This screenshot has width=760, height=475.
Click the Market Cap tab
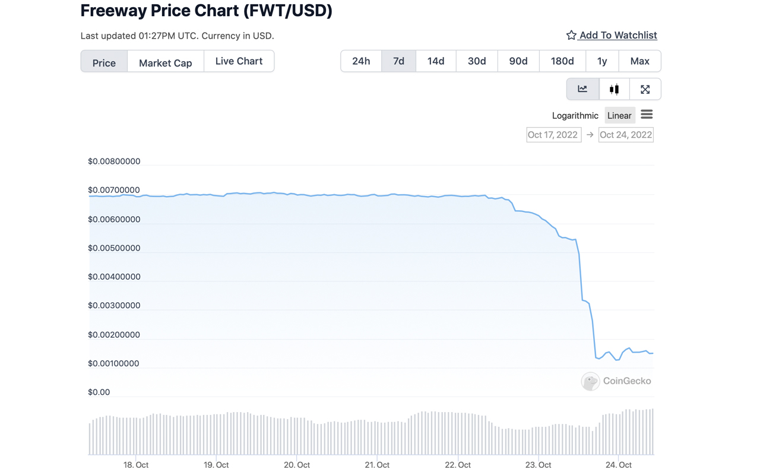[x=165, y=62]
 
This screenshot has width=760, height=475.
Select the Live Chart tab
[x=239, y=61]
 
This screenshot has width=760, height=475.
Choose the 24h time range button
[x=361, y=61]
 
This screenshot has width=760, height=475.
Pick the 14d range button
[x=436, y=61]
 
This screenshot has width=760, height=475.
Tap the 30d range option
[x=477, y=61]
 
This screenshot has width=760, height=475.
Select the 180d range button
[x=562, y=61]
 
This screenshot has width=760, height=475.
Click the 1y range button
[x=602, y=61]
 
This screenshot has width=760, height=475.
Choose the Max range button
[x=639, y=61]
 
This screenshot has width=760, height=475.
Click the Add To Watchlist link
[x=618, y=35]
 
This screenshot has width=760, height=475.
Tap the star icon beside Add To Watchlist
[x=571, y=35]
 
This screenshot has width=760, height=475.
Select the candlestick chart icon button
[x=614, y=89]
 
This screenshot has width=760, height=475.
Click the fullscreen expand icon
[x=645, y=89]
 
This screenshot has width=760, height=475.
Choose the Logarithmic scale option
[x=575, y=115]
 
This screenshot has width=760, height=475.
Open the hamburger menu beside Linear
[x=647, y=114]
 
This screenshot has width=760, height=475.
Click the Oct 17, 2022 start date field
[x=553, y=135]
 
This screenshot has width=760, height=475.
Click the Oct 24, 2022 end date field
[x=626, y=135]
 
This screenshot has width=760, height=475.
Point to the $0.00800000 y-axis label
[x=114, y=161]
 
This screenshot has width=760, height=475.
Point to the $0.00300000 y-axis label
[x=114, y=305]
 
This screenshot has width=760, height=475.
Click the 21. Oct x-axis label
[x=377, y=465]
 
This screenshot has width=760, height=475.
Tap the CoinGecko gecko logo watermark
[x=590, y=381]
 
